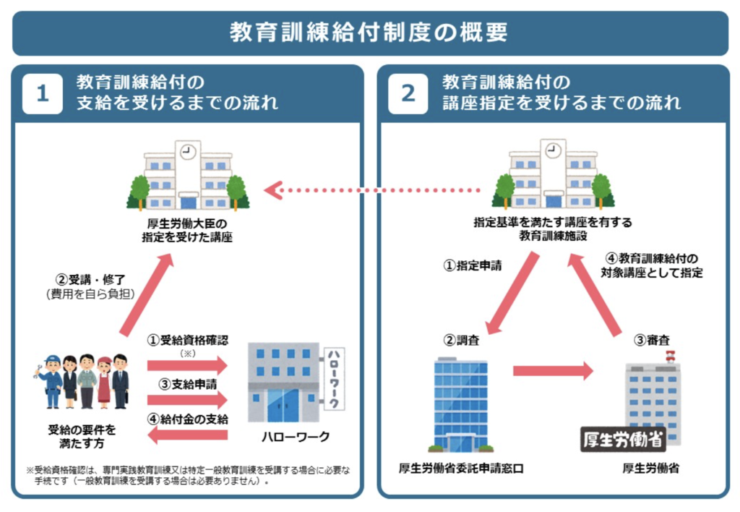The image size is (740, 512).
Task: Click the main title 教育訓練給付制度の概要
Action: [369, 33]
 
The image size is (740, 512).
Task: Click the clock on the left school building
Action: [188, 151]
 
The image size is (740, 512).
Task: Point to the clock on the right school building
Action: [553, 151]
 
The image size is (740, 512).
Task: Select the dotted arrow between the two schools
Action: [372, 191]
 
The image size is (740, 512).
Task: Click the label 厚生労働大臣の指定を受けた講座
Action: [188, 230]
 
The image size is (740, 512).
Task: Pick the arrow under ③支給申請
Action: [186, 399]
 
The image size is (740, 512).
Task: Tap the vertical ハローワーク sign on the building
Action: [334, 378]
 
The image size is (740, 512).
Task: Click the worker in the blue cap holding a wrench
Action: [51, 381]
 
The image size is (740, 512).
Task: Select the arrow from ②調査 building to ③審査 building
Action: [553, 372]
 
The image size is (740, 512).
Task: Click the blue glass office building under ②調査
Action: [460, 401]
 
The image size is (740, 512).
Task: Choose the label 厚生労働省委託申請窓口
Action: [461, 469]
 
